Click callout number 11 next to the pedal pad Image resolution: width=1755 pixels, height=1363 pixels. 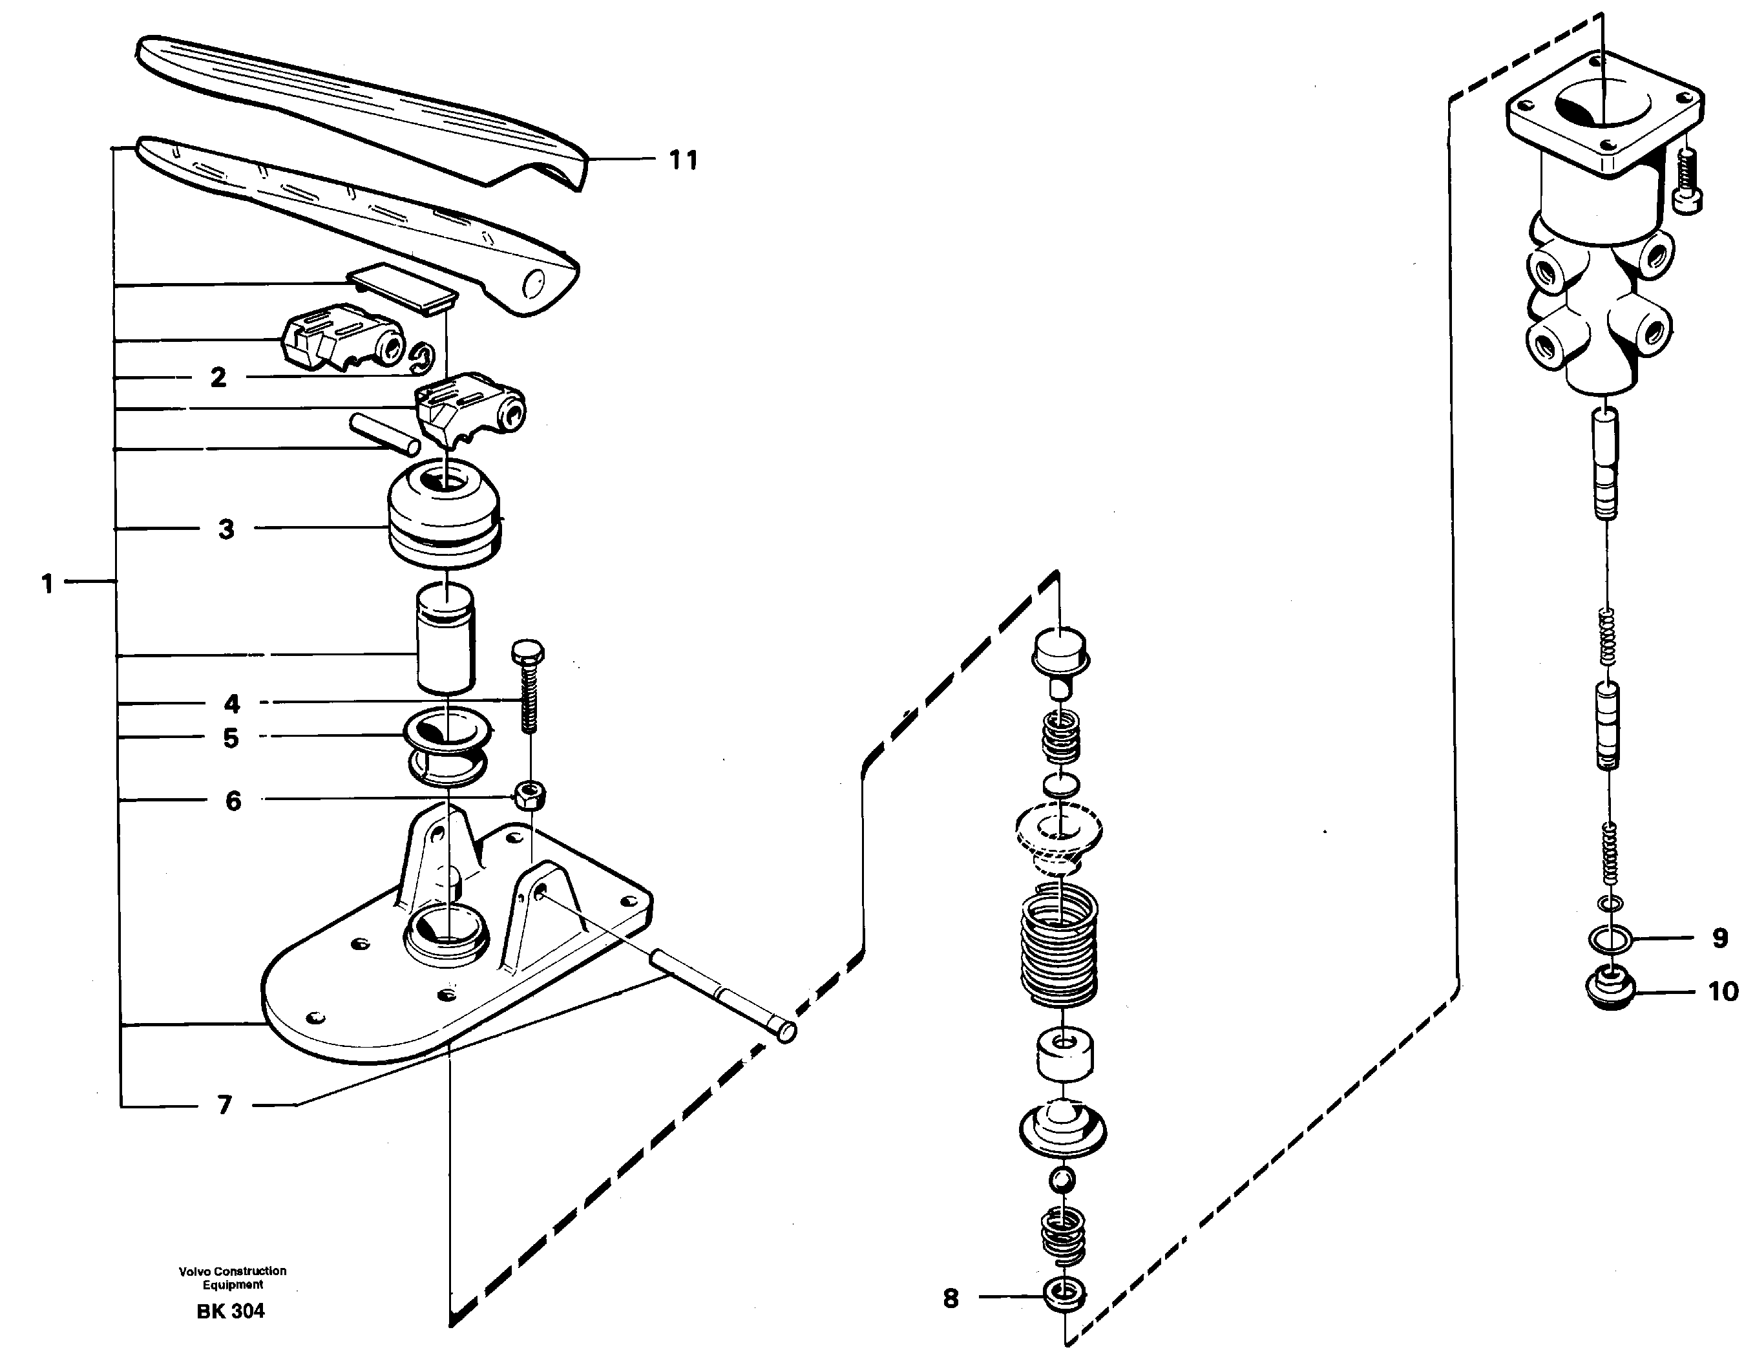[683, 161]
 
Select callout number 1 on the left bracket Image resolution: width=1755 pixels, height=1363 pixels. [47, 584]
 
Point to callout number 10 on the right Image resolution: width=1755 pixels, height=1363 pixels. [1722, 991]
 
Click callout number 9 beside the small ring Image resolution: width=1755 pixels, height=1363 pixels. [1719, 938]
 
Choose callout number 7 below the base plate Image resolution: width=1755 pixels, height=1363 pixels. [225, 1105]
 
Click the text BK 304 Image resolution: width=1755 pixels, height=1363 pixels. [231, 1311]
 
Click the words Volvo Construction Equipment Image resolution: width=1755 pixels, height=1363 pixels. [232, 1277]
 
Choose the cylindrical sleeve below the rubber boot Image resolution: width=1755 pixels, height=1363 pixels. [445, 639]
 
